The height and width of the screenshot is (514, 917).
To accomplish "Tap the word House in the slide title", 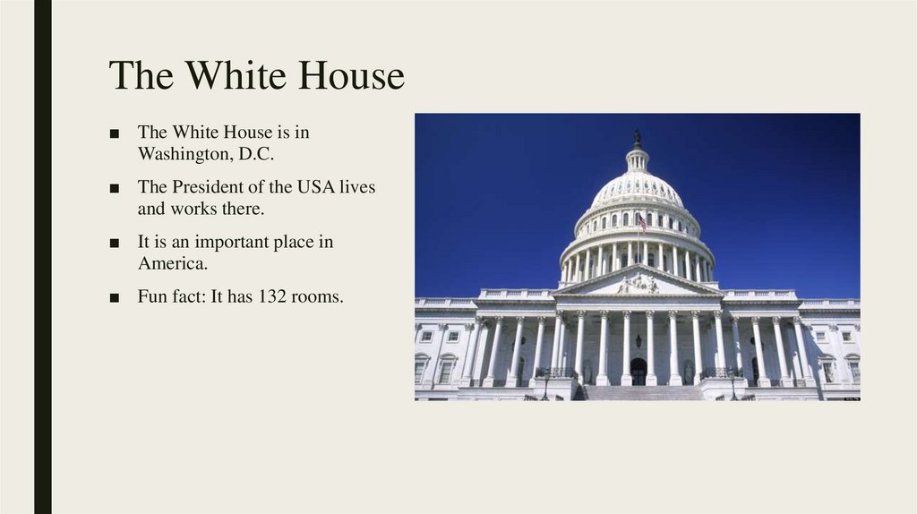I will (351, 76).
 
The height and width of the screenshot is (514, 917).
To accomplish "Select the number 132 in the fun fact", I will (272, 296).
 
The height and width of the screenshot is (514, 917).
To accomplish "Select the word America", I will (172, 263).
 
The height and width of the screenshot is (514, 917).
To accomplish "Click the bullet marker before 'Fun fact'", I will (114, 297).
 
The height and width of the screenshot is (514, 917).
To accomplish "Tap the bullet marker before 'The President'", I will (114, 188).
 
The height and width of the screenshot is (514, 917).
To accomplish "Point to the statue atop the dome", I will (637, 139).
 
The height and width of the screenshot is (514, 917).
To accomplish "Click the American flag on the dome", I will (642, 221).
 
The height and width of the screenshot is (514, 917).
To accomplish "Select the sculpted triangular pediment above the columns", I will (638, 284).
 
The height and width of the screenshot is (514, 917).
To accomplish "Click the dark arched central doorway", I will (638, 370).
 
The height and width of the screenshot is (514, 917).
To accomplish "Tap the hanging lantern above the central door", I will (638, 340).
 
